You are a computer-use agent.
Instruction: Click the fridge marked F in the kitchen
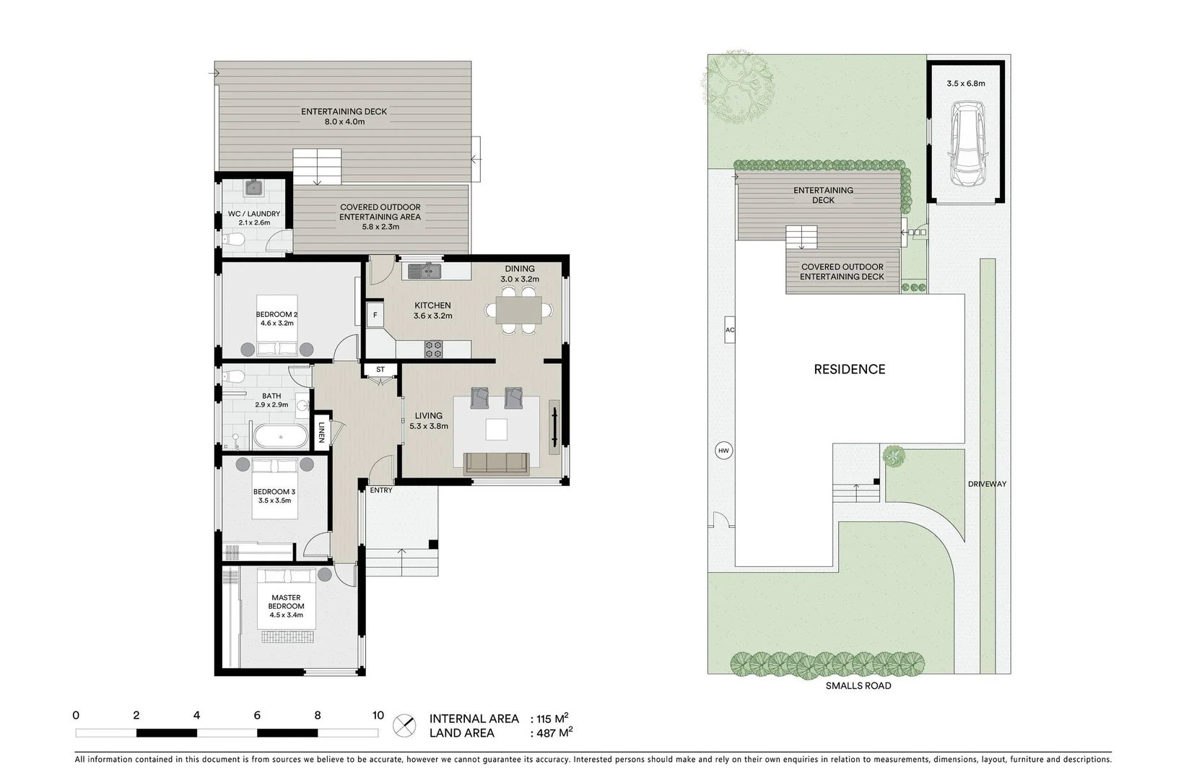tap(375, 316)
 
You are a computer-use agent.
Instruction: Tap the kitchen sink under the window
tap(425, 272)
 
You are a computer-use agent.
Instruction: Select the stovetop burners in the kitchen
tap(433, 350)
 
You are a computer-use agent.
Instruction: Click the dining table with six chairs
tap(519, 311)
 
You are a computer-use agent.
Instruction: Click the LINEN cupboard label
tap(321, 433)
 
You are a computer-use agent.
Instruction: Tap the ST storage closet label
tap(380, 370)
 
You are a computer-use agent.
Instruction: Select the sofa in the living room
tap(497, 464)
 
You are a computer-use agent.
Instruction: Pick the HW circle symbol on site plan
tap(723, 451)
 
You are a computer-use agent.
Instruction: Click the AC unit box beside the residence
tap(729, 330)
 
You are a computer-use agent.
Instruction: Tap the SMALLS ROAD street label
tap(858, 685)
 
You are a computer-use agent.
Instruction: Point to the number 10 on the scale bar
tap(378, 716)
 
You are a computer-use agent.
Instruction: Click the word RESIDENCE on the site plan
tap(849, 369)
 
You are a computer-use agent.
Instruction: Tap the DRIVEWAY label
tap(987, 484)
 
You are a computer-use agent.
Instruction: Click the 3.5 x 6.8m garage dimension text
tap(965, 83)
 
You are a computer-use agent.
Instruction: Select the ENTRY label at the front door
tap(380, 490)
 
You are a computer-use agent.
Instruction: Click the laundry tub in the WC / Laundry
tap(253, 188)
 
